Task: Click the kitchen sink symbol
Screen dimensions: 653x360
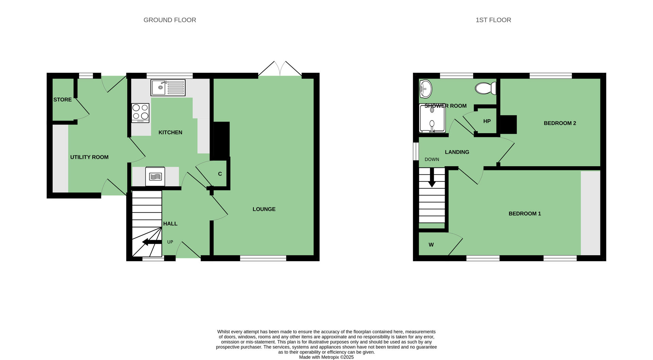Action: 168,88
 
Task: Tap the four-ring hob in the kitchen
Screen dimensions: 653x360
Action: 140,113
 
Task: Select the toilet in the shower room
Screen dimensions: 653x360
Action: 486,88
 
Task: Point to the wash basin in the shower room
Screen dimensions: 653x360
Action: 425,89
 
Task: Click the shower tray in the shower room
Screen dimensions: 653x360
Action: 432,118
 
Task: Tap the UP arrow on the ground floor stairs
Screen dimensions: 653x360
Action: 152,242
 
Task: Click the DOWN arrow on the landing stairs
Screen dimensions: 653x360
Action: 432,177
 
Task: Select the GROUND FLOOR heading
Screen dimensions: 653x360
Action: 170,20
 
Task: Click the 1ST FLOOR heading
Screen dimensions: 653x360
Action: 493,20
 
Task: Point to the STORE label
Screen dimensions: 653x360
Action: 63,100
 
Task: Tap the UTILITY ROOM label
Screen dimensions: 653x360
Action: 89,157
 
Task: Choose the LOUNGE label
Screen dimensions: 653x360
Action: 264,209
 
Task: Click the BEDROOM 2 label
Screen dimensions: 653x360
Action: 560,123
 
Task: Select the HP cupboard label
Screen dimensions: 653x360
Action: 487,121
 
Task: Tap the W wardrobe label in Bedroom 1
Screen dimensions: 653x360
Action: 431,245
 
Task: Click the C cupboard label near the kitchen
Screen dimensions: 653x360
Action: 220,174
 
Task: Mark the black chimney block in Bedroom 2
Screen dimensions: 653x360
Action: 508,124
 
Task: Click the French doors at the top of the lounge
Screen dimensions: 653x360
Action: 280,69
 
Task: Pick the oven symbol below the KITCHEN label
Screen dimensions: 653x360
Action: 155,176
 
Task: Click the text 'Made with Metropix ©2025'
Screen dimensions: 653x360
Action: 326,357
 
